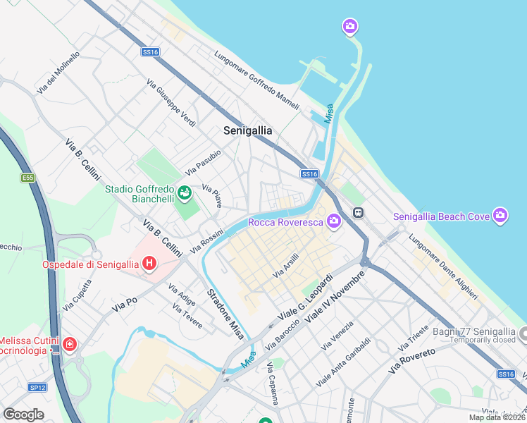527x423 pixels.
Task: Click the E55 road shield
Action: pyautogui.click(x=28, y=178)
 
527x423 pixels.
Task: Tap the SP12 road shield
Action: pyautogui.click(x=37, y=387)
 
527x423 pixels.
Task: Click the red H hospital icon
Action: pyautogui.click(x=149, y=264)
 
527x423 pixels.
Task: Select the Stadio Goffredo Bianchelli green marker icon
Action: pyautogui.click(x=184, y=192)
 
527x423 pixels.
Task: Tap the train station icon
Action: pyautogui.click(x=358, y=211)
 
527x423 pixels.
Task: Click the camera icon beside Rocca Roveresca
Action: pyautogui.click(x=333, y=222)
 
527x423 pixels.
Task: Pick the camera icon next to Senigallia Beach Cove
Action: pyautogui.click(x=500, y=216)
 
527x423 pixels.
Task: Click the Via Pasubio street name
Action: pyautogui.click(x=203, y=163)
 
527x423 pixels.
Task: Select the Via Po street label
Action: pyautogui.click(x=125, y=304)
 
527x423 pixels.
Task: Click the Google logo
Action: pyautogui.click(x=24, y=415)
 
